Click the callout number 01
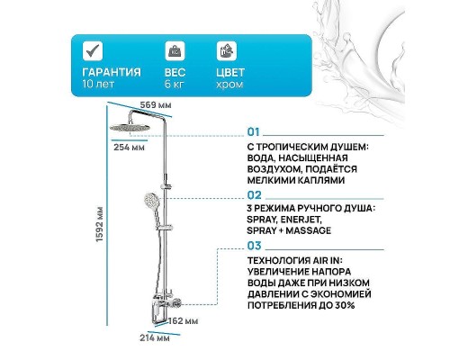click(253, 130)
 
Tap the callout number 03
click(253, 245)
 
